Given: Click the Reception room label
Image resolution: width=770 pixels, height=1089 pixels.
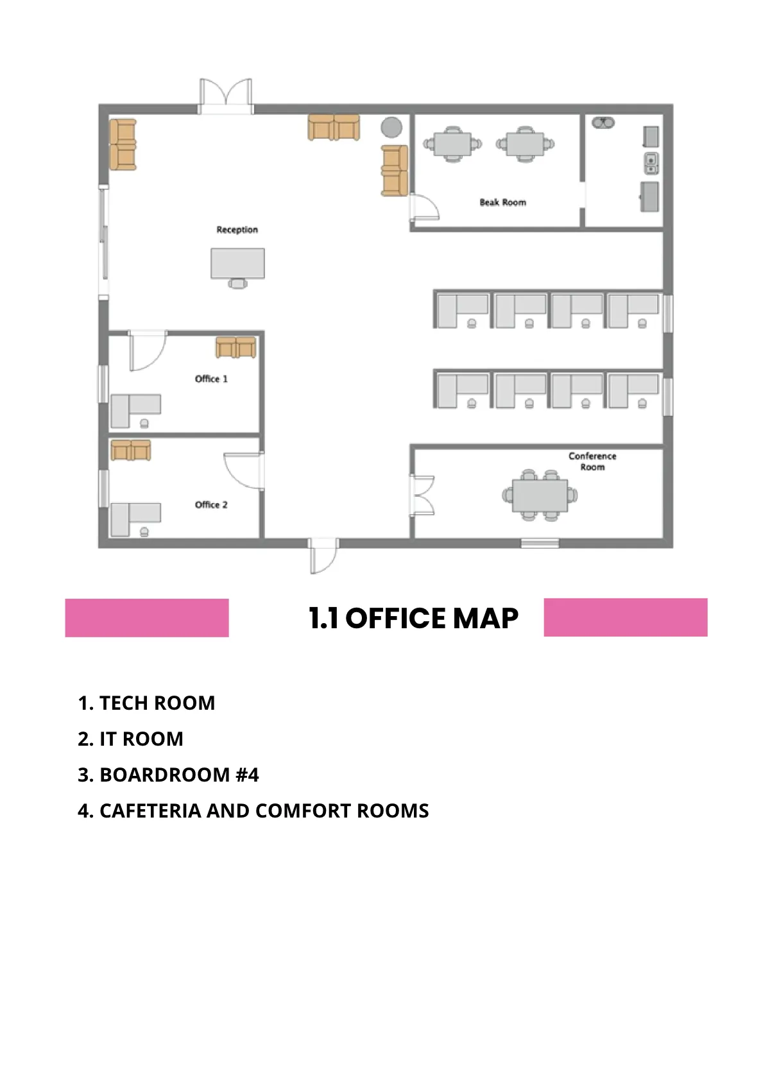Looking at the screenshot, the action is click(237, 230).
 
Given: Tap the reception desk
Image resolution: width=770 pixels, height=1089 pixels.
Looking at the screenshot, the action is click(237, 264).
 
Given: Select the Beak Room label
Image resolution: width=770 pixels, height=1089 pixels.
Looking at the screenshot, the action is click(502, 202).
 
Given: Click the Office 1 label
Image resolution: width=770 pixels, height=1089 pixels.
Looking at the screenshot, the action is click(211, 379).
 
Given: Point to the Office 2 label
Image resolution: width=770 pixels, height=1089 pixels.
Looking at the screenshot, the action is click(211, 504).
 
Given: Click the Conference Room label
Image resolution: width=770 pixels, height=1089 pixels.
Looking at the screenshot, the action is click(592, 461).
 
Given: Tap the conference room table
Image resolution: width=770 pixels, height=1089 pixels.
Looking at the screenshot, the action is click(540, 495).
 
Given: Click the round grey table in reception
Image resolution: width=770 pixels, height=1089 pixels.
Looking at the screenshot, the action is click(391, 127).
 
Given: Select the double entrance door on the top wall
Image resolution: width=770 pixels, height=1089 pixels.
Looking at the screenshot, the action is click(226, 96).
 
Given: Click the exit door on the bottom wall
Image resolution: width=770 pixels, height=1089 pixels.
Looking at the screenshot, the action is click(324, 555).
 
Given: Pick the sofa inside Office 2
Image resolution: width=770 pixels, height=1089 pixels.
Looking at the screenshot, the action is click(131, 450).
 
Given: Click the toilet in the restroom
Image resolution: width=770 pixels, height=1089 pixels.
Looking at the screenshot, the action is click(603, 123).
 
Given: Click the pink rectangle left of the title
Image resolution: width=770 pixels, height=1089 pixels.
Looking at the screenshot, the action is click(147, 617).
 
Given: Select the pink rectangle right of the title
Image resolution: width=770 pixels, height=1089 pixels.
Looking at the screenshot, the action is click(626, 617).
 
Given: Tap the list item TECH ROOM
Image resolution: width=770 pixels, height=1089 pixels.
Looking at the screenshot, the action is click(157, 703).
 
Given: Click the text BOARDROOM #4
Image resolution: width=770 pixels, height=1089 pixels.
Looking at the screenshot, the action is click(179, 775).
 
